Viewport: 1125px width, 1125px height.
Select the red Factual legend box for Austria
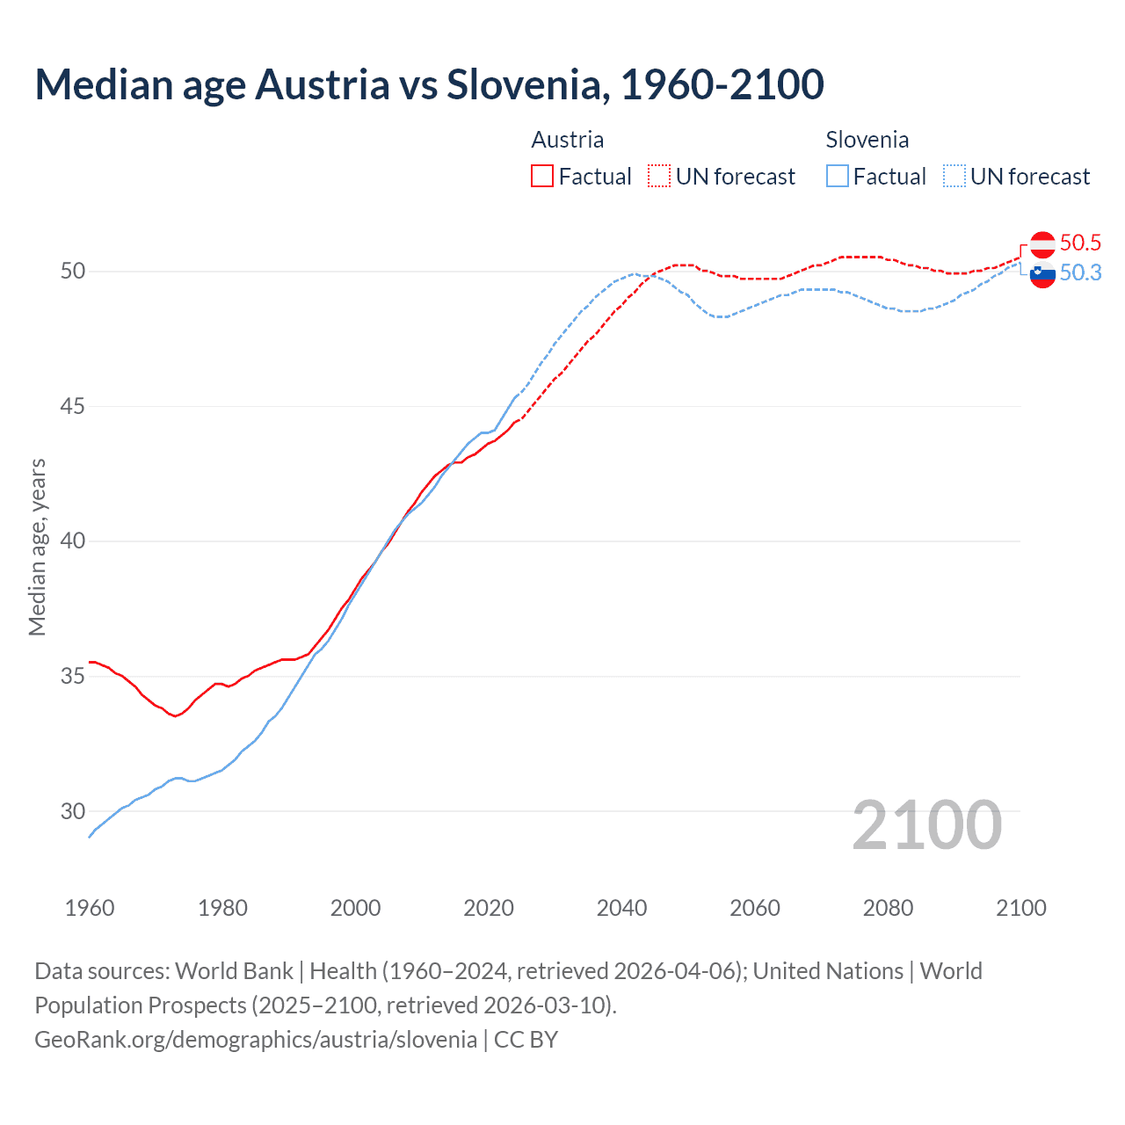(x=542, y=177)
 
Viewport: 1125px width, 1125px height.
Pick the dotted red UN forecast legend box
(x=659, y=177)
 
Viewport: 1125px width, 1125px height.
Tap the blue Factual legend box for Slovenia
(x=838, y=177)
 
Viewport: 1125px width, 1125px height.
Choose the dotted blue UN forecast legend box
(x=954, y=177)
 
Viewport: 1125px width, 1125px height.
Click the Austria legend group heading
(x=568, y=140)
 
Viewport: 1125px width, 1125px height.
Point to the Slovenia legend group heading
(x=867, y=140)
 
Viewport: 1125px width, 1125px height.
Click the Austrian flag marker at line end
(x=1042, y=243)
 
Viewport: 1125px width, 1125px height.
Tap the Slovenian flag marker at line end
(x=1042, y=274)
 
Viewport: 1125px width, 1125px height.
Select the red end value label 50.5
(x=1080, y=243)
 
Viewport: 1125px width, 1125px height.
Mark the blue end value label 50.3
(x=1080, y=273)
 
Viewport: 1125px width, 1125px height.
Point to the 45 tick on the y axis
(x=73, y=406)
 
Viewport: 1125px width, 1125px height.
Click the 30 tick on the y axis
(x=73, y=811)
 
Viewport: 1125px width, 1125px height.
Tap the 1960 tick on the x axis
(x=90, y=908)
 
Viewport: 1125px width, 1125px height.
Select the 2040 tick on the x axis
(x=621, y=908)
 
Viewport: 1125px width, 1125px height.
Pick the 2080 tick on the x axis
(x=888, y=908)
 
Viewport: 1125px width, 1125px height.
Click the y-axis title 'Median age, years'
(x=37, y=547)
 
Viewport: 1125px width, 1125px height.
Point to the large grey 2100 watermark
(x=926, y=824)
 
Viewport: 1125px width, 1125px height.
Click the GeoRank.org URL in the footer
(x=256, y=1040)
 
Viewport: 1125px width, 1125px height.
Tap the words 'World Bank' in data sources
(x=234, y=971)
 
